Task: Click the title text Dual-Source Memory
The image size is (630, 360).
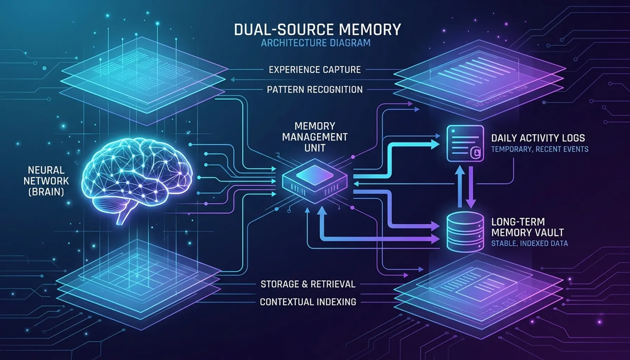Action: point(317,30)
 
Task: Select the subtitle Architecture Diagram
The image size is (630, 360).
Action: point(315,43)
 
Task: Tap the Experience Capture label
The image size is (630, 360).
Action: point(315,70)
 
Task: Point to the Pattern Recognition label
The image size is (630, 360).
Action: point(315,90)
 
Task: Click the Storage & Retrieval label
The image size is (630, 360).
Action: point(308,284)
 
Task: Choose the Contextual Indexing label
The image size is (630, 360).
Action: point(308,302)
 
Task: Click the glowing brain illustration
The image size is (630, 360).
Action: point(139,172)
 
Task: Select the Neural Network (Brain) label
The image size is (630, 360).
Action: point(46,181)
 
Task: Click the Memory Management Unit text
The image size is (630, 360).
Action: point(315,137)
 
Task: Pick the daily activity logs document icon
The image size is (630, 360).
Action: point(465,143)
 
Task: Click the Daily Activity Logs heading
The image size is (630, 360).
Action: point(538,138)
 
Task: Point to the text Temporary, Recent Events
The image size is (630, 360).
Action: point(540,149)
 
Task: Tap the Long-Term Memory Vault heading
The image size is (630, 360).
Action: point(527,227)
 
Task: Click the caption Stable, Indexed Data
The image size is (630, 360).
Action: point(529,243)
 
